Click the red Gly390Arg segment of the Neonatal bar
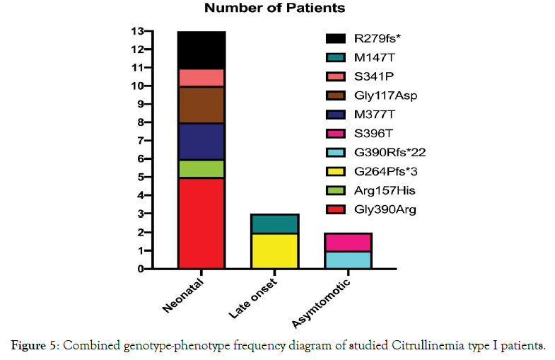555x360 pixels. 201,223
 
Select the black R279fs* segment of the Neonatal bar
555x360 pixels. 201,50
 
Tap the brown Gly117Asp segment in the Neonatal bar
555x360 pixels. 201,105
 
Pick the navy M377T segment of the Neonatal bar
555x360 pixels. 201,141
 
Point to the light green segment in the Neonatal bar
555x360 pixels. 201,168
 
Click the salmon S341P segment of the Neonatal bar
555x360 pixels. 201,77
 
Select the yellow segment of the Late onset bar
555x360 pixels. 274,250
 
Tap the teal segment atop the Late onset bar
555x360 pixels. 274,223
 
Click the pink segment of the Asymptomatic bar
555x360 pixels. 349,241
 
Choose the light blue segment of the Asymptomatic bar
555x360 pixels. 349,260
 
